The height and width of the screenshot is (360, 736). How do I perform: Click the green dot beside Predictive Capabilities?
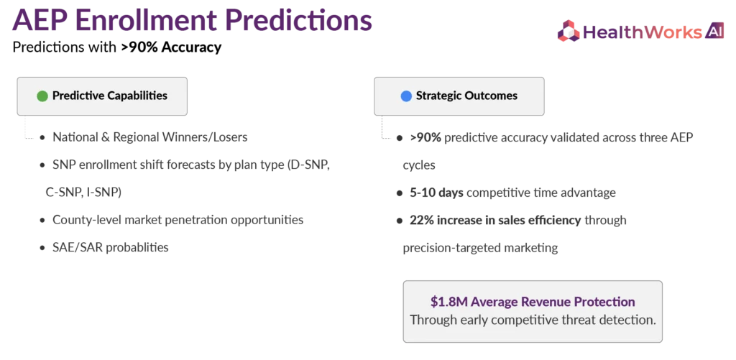click(x=42, y=96)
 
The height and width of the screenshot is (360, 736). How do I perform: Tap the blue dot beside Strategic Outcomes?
click(x=406, y=96)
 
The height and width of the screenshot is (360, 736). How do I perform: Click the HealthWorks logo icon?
click(x=569, y=31)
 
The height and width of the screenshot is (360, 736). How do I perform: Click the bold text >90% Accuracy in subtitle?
click(x=171, y=47)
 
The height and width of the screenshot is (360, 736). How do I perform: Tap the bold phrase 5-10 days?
click(x=436, y=193)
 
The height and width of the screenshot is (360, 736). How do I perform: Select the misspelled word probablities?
click(x=137, y=247)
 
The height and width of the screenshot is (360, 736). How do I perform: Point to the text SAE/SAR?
click(x=78, y=247)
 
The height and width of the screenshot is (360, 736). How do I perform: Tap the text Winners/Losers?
click(x=207, y=137)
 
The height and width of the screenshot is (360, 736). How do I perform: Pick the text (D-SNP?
click(x=307, y=166)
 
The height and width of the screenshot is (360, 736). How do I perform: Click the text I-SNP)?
click(x=103, y=193)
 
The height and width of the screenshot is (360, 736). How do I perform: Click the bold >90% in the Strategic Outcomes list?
click(x=425, y=138)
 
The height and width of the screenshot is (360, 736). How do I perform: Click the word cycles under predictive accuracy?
click(x=419, y=166)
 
